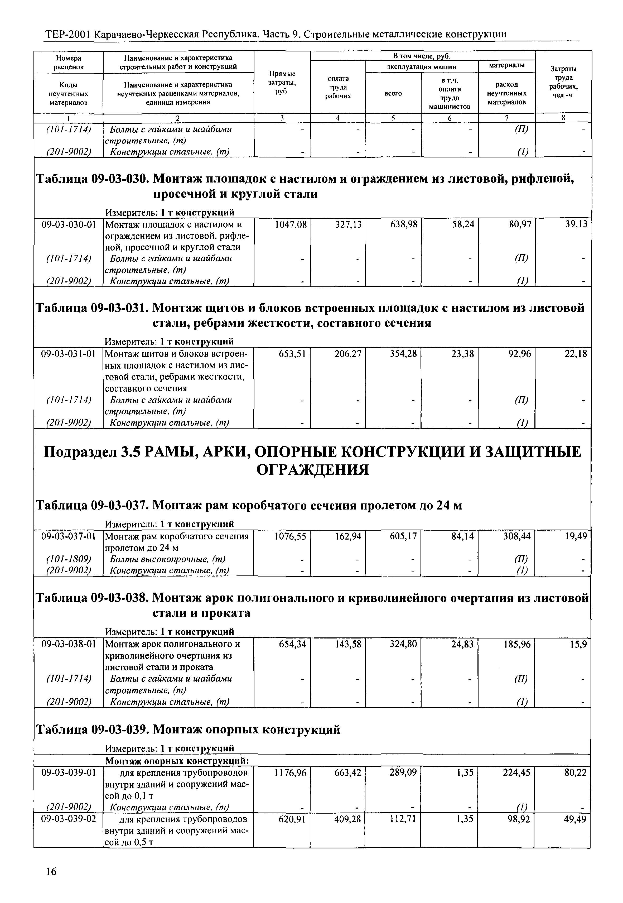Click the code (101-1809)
click(x=69, y=559)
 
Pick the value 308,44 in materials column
click(x=518, y=536)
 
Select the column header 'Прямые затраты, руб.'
click(x=282, y=82)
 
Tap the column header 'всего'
click(x=393, y=94)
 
